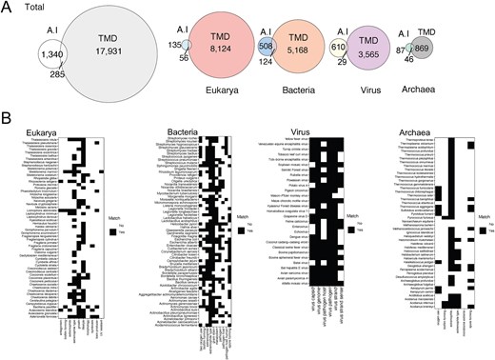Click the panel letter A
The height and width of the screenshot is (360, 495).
point(6,6)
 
